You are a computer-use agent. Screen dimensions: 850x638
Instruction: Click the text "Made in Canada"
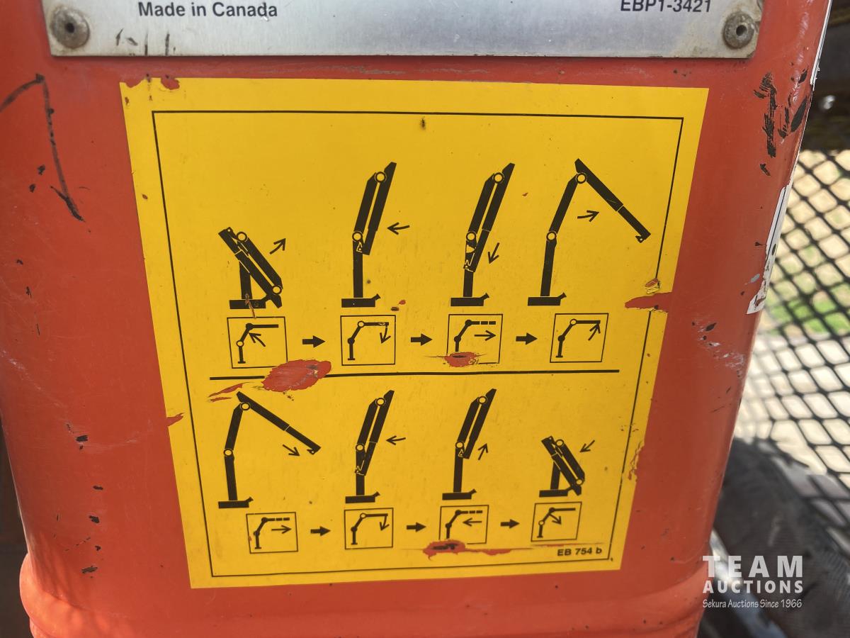[208, 9]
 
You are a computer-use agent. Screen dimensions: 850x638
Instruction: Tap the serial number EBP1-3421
[666, 6]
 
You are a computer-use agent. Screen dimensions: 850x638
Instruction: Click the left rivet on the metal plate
[70, 28]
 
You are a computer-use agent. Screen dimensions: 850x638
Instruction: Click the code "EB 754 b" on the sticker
[579, 552]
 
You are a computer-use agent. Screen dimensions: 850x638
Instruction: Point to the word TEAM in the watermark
[753, 567]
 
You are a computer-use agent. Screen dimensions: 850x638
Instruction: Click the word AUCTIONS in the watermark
[753, 586]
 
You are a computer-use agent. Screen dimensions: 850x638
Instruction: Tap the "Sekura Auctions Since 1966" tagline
[752, 603]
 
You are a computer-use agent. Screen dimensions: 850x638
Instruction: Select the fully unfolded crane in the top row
[589, 233]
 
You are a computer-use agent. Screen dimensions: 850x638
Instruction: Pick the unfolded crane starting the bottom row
[268, 449]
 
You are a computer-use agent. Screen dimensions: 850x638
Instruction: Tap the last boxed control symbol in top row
[579, 338]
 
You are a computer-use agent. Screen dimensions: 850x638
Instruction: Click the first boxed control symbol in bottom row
[272, 532]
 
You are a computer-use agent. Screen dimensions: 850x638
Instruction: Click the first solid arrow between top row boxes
[313, 341]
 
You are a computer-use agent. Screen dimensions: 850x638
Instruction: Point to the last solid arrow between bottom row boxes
[509, 524]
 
